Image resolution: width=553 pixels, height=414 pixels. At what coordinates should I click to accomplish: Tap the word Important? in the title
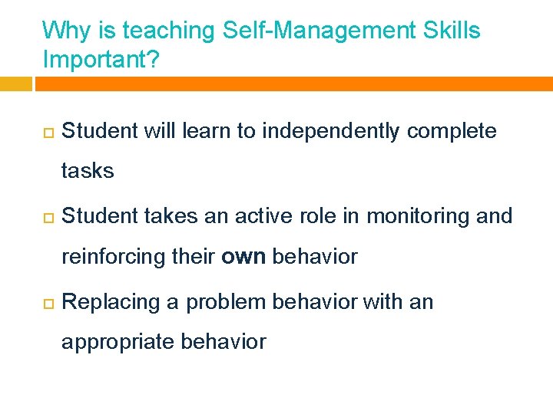click(x=101, y=60)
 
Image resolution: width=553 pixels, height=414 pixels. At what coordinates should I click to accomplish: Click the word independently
click(x=331, y=132)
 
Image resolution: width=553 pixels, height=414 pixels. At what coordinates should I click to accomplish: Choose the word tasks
click(x=88, y=171)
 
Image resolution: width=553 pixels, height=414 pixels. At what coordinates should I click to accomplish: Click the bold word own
click(x=243, y=257)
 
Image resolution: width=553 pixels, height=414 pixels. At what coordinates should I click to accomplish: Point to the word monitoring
click(x=419, y=217)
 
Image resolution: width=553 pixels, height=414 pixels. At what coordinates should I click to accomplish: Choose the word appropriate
click(x=118, y=342)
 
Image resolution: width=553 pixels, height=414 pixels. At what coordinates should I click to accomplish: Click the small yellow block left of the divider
click(x=15, y=84)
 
